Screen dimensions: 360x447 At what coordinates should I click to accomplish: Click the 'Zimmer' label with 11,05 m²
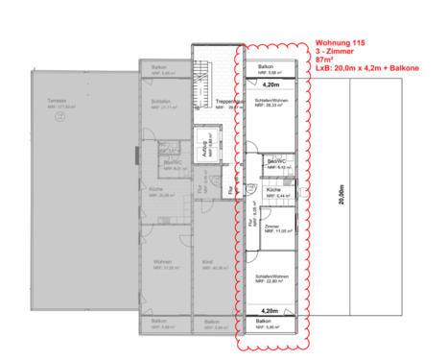click(272, 227)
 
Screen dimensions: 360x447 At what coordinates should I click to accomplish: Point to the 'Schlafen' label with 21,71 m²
click(160, 101)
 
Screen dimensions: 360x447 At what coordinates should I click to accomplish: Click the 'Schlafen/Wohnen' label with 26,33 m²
click(272, 101)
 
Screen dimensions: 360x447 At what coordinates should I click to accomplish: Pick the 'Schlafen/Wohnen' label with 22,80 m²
click(272, 277)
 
